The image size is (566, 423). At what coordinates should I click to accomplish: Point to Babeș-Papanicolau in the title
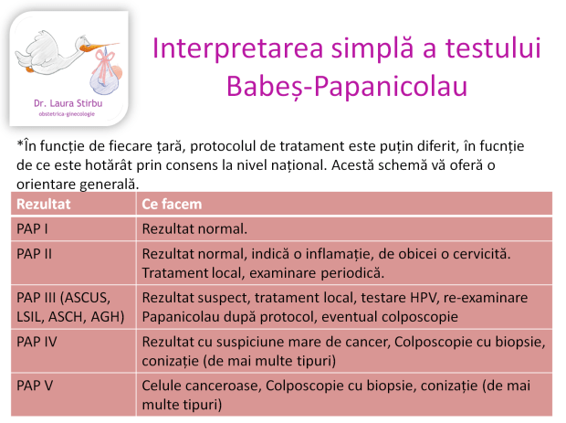[x=345, y=87]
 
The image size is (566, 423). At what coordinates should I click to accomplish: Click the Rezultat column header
[x=45, y=204]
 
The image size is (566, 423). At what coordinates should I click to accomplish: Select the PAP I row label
[x=34, y=228]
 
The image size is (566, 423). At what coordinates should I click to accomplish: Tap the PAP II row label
[x=35, y=253]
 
